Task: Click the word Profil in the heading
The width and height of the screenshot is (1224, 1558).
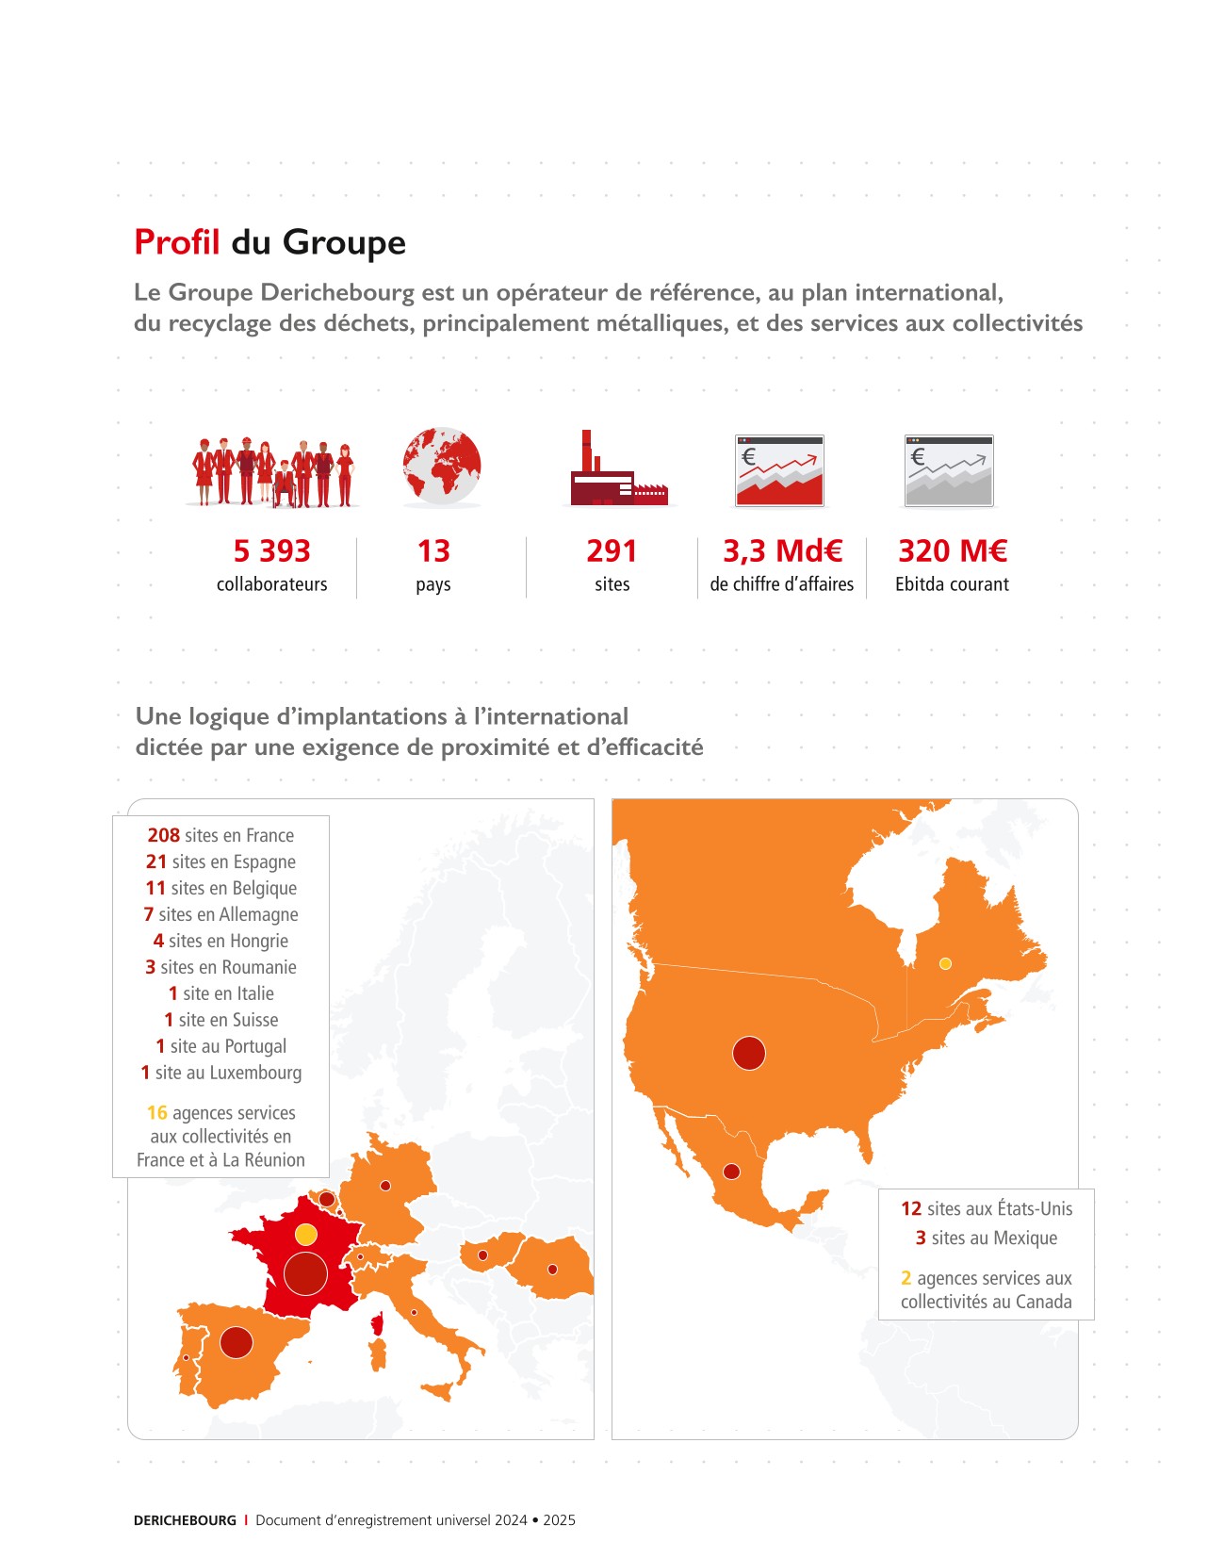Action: (x=176, y=242)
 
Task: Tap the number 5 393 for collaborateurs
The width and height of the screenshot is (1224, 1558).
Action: (x=271, y=550)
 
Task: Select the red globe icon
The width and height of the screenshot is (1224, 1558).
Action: (x=441, y=466)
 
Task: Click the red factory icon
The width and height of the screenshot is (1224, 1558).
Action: (x=617, y=470)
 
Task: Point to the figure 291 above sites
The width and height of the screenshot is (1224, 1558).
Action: (x=612, y=550)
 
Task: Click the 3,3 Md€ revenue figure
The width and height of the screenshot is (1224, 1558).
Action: (x=782, y=550)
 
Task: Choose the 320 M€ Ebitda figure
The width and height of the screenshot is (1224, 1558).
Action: (x=952, y=550)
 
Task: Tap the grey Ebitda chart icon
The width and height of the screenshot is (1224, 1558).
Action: (x=949, y=470)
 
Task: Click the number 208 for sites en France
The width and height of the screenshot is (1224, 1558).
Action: (x=163, y=835)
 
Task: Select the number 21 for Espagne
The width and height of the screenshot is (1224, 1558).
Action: (x=155, y=861)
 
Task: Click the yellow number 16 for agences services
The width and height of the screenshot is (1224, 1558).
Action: (x=156, y=1113)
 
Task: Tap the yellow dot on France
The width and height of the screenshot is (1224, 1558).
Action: (x=305, y=1234)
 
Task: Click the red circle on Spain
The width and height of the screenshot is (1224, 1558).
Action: (x=236, y=1342)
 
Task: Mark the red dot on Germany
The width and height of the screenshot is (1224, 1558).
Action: (x=384, y=1186)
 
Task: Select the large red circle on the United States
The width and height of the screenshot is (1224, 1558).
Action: (x=749, y=1053)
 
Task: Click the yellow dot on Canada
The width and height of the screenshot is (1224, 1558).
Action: (x=945, y=963)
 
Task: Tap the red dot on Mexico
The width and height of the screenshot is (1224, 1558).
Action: (x=731, y=1172)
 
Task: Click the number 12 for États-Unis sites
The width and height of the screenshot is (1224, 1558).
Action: (x=910, y=1208)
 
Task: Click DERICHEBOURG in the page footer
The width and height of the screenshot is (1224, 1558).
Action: (x=185, y=1520)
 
